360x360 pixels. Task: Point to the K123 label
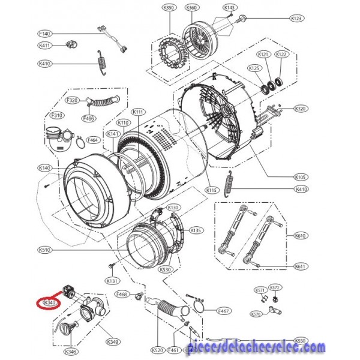tap(296, 19)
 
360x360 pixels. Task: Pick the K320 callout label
tap(301, 109)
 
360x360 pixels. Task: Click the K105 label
tap(301, 178)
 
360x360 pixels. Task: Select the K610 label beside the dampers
tap(301, 236)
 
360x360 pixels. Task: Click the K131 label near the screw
tap(111, 281)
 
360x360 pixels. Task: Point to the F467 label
tap(223, 311)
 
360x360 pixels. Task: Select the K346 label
tap(71, 351)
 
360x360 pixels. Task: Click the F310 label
tap(58, 115)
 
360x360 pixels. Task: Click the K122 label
tap(282, 55)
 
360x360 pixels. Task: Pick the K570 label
tap(256, 313)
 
